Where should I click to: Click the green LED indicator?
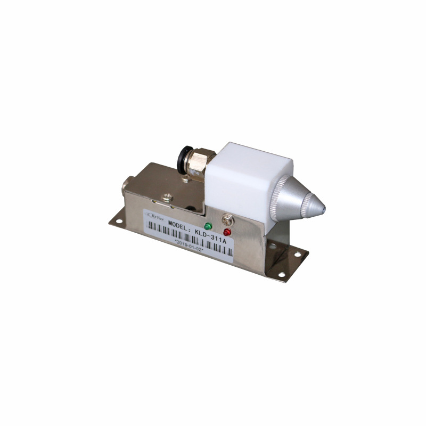pos(208,226)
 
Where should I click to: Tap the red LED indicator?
pos(227,232)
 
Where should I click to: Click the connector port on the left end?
pos(126,185)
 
